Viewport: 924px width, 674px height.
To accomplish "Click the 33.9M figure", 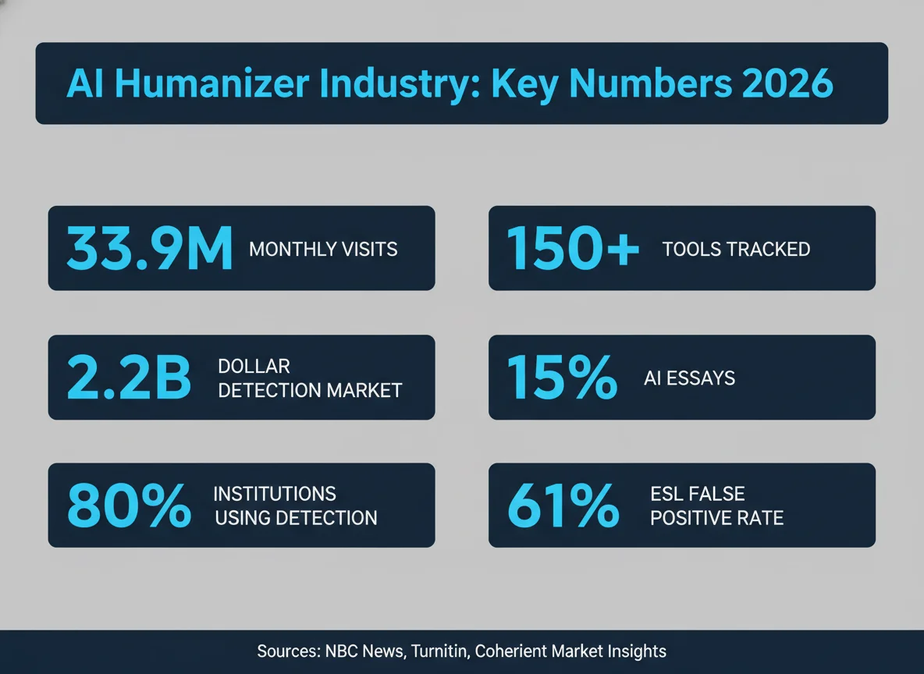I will click(x=149, y=249).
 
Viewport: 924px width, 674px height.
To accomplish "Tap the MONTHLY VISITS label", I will click(x=323, y=250).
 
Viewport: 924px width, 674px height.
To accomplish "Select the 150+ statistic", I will click(x=573, y=249).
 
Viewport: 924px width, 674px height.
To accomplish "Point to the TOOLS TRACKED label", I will click(x=736, y=250).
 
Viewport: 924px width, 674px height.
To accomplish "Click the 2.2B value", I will click(x=129, y=378).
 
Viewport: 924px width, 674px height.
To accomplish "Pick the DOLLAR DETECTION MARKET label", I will click(x=310, y=378).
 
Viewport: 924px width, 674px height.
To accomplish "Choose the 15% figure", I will click(x=561, y=378).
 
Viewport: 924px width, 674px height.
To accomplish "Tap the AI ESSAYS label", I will click(x=690, y=378).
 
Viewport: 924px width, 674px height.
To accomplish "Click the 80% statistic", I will click(x=129, y=506).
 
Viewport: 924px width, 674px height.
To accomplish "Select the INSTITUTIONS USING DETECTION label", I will click(x=295, y=505).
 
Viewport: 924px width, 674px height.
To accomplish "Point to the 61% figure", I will click(x=563, y=506).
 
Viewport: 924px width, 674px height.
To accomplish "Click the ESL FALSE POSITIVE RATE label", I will click(x=716, y=505).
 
